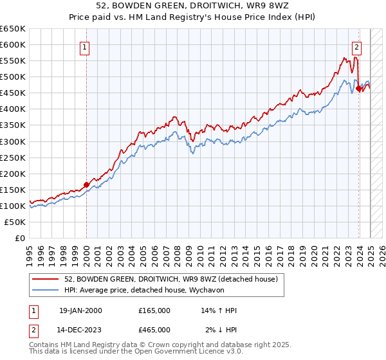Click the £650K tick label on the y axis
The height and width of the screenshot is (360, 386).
[12, 29]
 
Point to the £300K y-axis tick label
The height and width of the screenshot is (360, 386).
[12, 141]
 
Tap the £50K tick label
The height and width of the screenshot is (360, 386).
[15, 222]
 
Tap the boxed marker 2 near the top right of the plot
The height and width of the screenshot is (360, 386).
[357, 46]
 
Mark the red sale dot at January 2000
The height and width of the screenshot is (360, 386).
[86, 184]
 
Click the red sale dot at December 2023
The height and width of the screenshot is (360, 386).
[358, 89]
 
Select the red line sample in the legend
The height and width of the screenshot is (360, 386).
[46, 279]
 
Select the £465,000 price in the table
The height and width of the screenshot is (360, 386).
[154, 329]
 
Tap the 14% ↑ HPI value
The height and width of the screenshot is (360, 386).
[219, 310]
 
